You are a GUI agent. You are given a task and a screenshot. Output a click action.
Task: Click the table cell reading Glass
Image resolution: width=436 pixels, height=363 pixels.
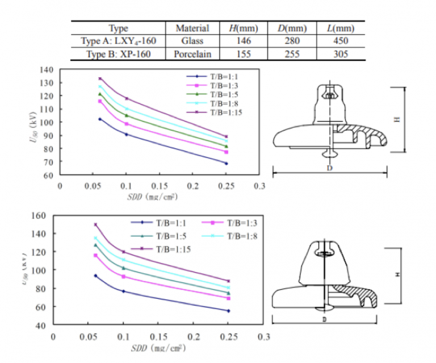pyautogui.click(x=192, y=41)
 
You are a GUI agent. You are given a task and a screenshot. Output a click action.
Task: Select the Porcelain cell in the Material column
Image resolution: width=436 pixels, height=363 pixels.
pyautogui.click(x=192, y=55)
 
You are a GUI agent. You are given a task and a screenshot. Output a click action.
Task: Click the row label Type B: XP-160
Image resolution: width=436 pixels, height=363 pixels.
pyautogui.click(x=118, y=55)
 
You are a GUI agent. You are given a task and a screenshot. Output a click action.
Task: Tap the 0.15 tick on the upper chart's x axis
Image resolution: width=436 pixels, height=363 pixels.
pyautogui.click(x=160, y=186)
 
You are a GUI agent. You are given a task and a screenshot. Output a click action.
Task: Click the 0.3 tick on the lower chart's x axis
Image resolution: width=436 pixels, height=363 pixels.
pyautogui.click(x=263, y=336)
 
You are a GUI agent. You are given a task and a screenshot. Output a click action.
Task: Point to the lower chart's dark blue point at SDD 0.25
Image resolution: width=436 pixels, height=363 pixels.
pyautogui.click(x=228, y=311)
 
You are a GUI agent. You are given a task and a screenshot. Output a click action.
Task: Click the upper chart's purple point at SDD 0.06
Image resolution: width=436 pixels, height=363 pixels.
pyautogui.click(x=100, y=78)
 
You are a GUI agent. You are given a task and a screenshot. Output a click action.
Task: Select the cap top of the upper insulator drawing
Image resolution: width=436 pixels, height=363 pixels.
pyautogui.click(x=329, y=86)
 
